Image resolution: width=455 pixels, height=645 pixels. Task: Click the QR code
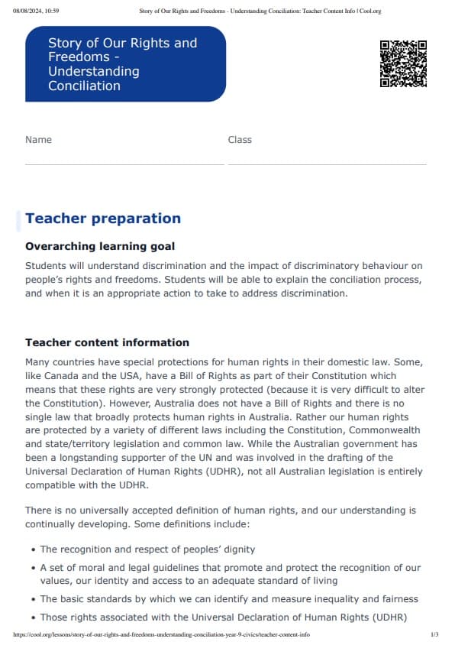tap(403, 63)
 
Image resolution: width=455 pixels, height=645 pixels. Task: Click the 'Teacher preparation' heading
tap(103, 219)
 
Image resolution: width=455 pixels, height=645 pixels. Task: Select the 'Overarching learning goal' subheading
tap(100, 246)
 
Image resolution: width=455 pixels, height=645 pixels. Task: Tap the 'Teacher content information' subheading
tap(107, 342)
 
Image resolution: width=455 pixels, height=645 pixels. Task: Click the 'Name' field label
tap(38, 140)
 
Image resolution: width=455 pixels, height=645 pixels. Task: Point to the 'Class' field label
tap(240, 140)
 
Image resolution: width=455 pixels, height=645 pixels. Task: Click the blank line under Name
tap(124, 164)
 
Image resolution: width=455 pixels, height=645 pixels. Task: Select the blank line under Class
tap(327, 164)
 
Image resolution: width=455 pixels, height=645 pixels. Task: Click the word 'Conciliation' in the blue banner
tap(84, 86)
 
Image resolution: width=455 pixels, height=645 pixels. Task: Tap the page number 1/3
tap(434, 635)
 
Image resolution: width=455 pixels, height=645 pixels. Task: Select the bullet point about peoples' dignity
tap(147, 549)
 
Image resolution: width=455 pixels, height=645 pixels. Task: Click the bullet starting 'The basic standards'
tap(229, 599)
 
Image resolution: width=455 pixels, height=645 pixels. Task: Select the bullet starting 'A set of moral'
tap(229, 574)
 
